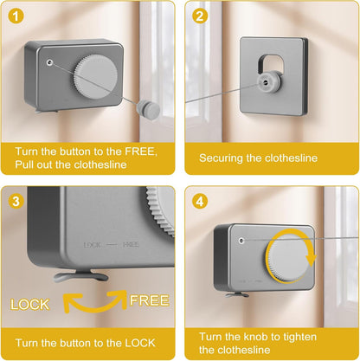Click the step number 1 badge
point(16,16)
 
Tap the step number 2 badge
point(200,16)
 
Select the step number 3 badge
point(16,202)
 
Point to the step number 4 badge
point(200,202)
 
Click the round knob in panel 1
point(95,74)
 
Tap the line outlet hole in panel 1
point(49,62)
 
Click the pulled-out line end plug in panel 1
point(148,108)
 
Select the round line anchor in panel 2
point(268,83)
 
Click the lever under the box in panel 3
point(81,276)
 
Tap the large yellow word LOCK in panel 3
point(29,305)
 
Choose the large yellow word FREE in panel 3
point(149,300)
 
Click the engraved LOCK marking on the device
point(93,245)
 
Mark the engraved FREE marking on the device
point(131,245)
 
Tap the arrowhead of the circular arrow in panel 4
point(312,261)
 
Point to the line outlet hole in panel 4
point(241,240)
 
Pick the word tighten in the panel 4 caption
point(299,337)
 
